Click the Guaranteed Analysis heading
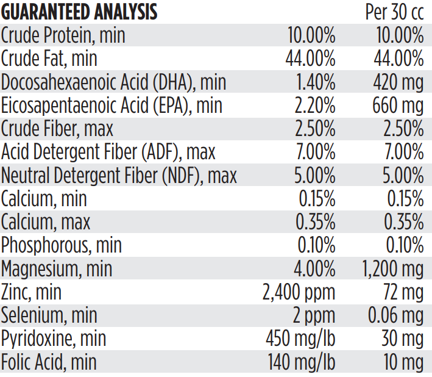[x=79, y=12]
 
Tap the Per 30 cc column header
[x=394, y=12]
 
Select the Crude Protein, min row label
[x=63, y=35]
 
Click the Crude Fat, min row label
[x=49, y=59]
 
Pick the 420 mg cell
[x=398, y=82]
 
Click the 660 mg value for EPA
[x=398, y=105]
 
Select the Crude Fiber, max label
[x=57, y=129]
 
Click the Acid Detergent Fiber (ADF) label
[x=108, y=152]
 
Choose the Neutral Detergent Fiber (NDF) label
[x=119, y=176]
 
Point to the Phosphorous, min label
[x=62, y=245]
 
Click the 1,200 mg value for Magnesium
[x=390, y=269]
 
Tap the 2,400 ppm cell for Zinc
[x=299, y=292]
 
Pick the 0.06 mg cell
[x=396, y=315]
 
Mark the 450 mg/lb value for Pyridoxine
[x=300, y=339]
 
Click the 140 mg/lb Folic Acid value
[x=302, y=362]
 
